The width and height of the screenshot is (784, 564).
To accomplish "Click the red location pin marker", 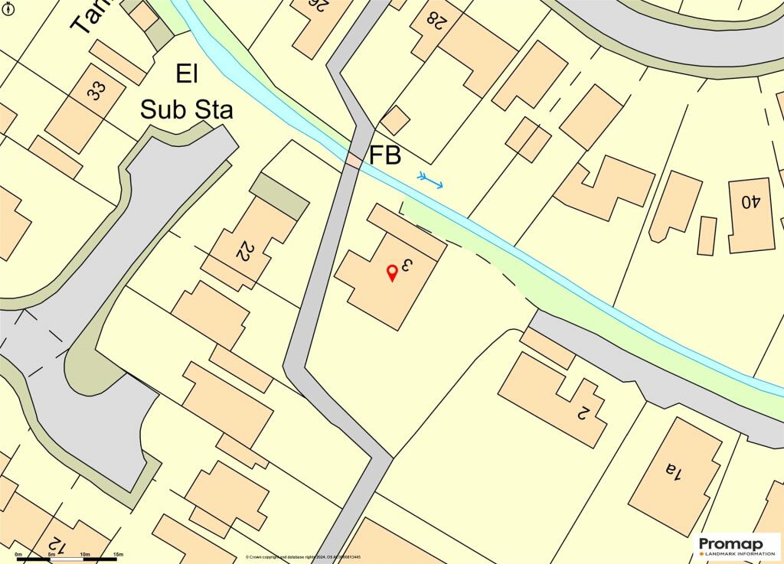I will coord(392,272).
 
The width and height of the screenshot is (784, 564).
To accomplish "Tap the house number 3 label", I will coord(407,266).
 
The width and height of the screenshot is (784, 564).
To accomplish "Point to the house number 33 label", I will coord(96,90).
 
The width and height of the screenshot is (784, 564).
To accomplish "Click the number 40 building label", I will coord(750,202).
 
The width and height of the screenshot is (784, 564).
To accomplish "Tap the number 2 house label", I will coord(582,412).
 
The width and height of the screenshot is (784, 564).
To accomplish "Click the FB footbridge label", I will coord(385,155).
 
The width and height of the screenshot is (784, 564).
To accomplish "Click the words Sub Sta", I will coord(186,109).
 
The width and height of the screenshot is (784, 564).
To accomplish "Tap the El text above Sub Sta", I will coord(187,75).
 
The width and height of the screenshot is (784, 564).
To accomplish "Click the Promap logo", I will coord(737,545).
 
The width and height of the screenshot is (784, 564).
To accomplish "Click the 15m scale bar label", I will coord(118,553).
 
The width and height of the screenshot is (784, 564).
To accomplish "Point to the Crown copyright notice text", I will coord(313,557).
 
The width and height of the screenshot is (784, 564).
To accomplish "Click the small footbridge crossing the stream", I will coord(353,161).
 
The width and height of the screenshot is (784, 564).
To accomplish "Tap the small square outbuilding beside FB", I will coord(395,120).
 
